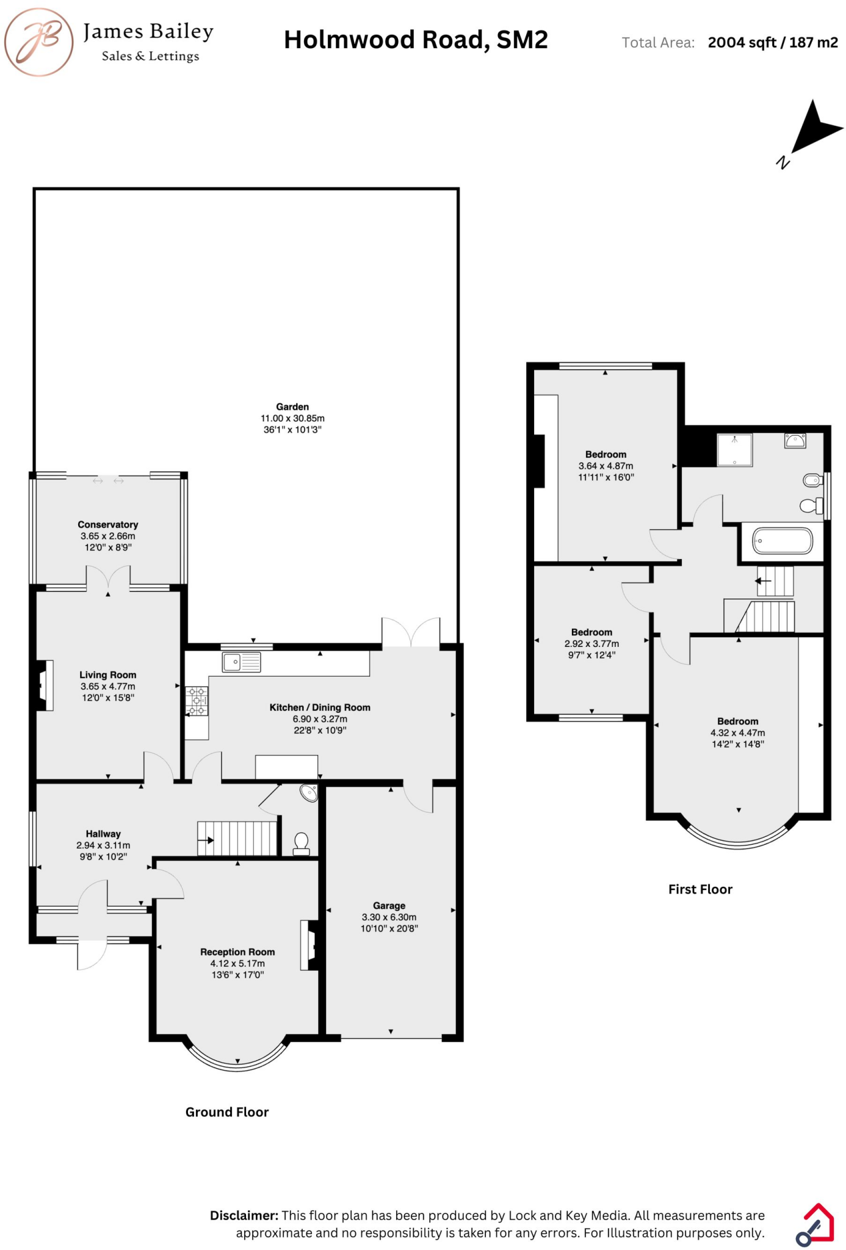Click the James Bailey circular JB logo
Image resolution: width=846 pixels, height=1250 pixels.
[39, 42]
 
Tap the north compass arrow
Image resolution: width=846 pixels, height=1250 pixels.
[815, 129]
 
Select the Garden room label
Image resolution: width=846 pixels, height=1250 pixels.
[292, 406]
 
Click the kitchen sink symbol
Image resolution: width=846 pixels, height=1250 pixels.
[241, 662]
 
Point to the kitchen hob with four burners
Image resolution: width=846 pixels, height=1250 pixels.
[197, 701]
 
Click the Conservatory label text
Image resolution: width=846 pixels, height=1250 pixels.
[108, 524]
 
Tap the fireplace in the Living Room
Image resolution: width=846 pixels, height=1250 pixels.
[45, 685]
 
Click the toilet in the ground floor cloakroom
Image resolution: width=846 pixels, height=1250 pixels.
[301, 844]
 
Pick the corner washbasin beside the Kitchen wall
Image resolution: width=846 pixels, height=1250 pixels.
[309, 793]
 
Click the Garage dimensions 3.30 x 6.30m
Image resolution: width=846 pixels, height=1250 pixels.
[389, 917]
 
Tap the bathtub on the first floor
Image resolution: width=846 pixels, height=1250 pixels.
[783, 541]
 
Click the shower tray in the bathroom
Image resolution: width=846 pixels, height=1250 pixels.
[734, 450]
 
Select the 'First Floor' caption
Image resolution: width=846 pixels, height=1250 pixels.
[700, 889]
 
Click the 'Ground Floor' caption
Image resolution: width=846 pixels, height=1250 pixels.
[227, 1112]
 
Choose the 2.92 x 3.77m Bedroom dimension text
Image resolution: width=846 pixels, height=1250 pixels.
[591, 644]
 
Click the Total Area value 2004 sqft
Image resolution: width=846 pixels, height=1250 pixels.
[742, 43]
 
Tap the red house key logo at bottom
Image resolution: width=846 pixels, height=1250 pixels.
[815, 1224]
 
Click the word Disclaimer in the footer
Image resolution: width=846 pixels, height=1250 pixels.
[244, 1215]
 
